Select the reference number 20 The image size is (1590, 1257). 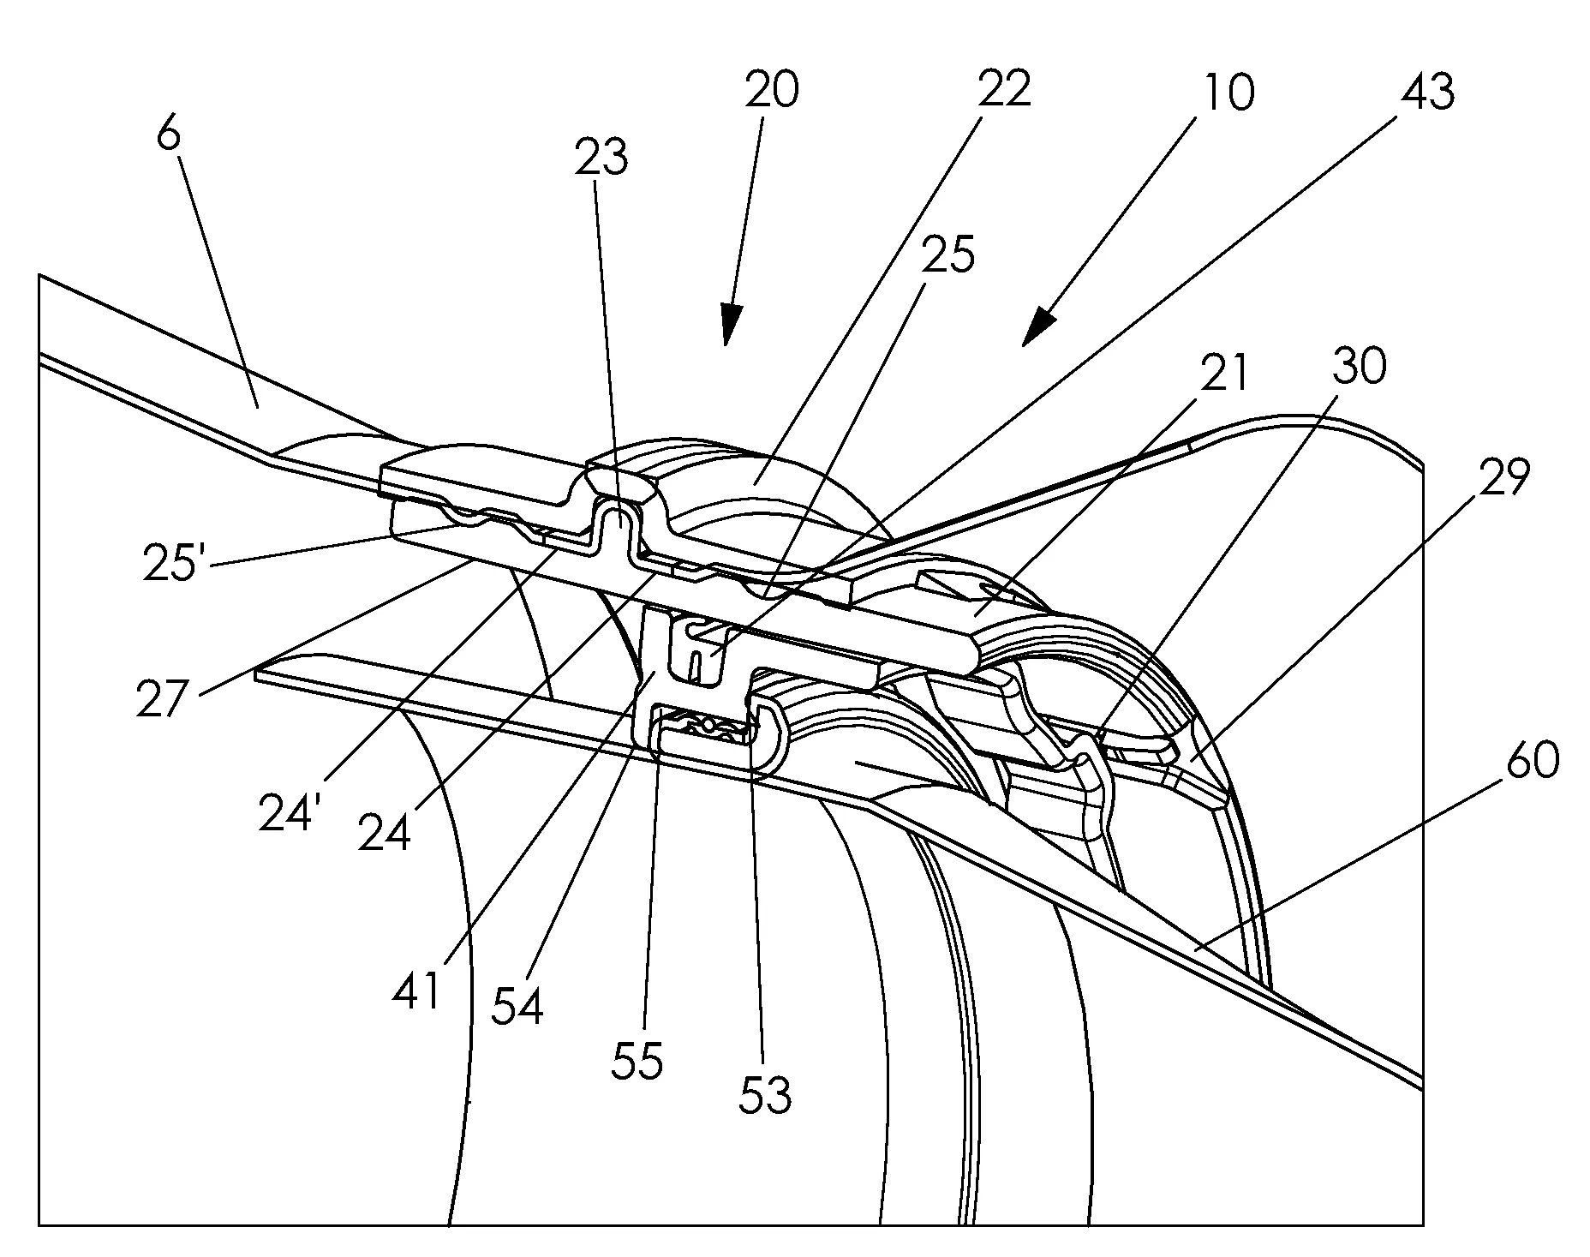click(771, 90)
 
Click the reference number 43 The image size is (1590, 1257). click(1428, 92)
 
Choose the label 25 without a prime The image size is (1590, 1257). click(948, 254)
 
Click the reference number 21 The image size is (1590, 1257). click(1222, 374)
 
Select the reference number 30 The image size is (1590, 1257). click(1359, 367)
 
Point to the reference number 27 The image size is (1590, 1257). click(162, 699)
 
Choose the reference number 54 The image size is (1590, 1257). click(517, 1007)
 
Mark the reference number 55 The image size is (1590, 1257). click(637, 1061)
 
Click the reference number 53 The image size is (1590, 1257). click(765, 1094)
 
